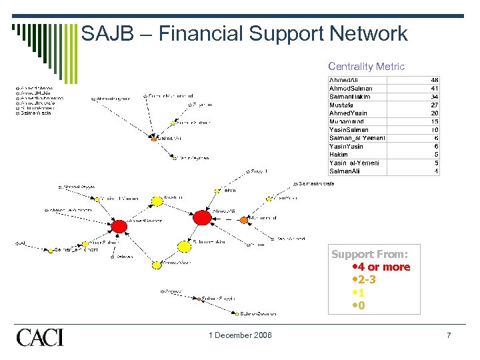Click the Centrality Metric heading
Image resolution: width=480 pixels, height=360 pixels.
pyautogui.click(x=366, y=66)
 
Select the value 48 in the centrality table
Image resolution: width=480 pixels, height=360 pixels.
pyautogui.click(x=435, y=80)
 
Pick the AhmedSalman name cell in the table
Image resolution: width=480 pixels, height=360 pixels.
pyautogui.click(x=351, y=88)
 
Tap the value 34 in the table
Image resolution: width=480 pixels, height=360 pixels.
pyautogui.click(x=435, y=97)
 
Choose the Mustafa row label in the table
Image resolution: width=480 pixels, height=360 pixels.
pyautogui.click(x=341, y=105)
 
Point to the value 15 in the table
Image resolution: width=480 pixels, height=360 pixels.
pyautogui.click(x=435, y=121)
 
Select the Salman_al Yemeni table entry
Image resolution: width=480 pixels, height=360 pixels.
pyautogui.click(x=357, y=138)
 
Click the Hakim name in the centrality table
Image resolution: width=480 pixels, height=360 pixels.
pyautogui.click(x=339, y=155)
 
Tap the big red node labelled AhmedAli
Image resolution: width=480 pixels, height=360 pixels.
pyautogui.click(x=201, y=217)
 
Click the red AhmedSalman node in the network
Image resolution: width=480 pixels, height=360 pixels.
pyautogui.click(x=119, y=227)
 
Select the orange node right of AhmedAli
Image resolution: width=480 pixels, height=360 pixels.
pyautogui.click(x=244, y=220)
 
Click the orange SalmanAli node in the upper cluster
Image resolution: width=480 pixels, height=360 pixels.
pyautogui.click(x=154, y=139)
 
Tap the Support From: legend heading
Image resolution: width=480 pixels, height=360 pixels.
pyautogui.click(x=370, y=254)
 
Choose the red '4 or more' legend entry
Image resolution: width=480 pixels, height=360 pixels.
pyautogui.click(x=381, y=267)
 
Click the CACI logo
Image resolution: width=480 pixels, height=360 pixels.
pyautogui.click(x=40, y=337)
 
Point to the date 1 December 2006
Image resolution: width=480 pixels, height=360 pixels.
pyautogui.click(x=239, y=335)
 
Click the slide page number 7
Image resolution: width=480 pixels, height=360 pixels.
pyautogui.click(x=449, y=335)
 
